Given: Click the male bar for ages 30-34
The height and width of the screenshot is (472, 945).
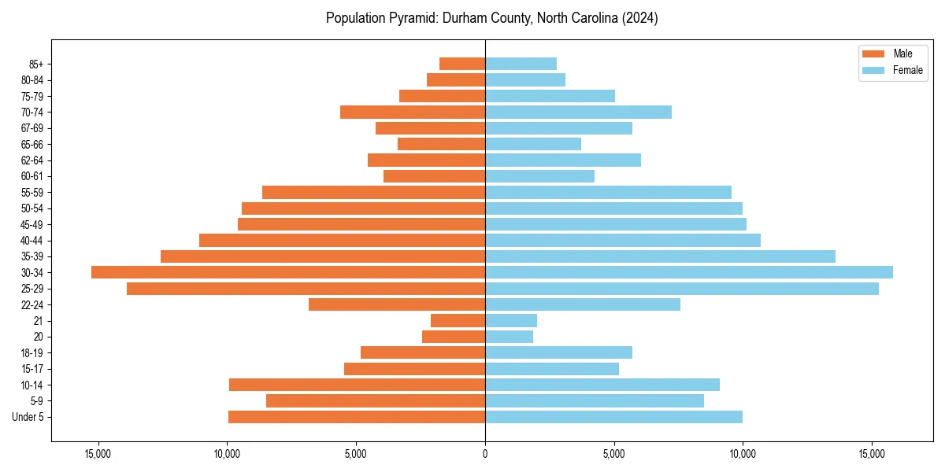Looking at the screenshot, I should coord(288,272).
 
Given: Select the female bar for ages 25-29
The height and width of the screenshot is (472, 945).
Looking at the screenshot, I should coord(682,289).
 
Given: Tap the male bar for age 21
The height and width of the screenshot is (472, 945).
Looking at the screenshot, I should coord(458,320).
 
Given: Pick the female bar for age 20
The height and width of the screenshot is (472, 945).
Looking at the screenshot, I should coord(509,337).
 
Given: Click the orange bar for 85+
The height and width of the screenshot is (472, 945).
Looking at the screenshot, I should coord(462,64).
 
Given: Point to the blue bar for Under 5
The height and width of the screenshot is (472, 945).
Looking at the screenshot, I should coord(613,417).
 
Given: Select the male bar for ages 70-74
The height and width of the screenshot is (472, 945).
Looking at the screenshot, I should coord(413,112).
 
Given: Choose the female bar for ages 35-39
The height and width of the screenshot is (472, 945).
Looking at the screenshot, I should coord(660,256).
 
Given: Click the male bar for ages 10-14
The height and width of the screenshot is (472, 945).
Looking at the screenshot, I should coord(357,385).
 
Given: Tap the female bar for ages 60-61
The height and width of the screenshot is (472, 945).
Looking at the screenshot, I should coord(539,176).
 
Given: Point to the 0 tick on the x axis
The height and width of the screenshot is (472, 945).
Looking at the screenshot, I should coord(485,454).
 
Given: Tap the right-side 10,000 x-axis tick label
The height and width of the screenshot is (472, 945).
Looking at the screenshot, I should coord(743,454).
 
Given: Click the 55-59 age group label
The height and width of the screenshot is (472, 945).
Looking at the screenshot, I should coord(32,192).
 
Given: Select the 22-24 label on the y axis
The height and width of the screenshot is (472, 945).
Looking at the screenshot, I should coord(32,304).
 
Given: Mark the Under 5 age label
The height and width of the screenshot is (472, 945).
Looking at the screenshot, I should coord(28,417).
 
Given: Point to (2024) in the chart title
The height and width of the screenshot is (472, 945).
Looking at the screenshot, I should coord(639,18).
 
